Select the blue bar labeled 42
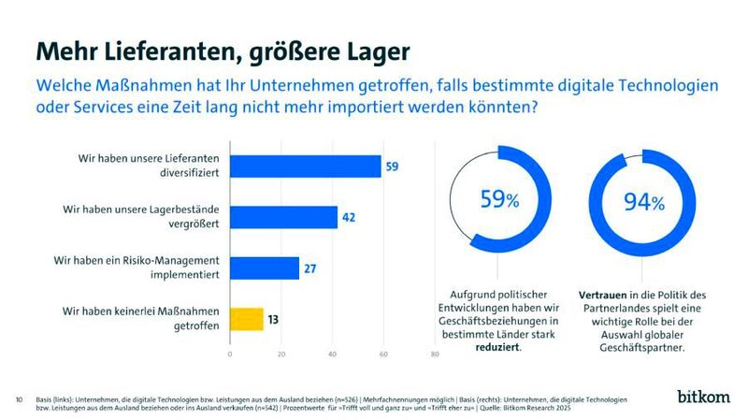[x=283, y=217]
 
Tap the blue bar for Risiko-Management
[x=265, y=268]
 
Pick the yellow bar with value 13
[x=247, y=319]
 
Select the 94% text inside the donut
[x=643, y=202]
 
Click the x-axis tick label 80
[x=434, y=355]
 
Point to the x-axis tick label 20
[x=281, y=355]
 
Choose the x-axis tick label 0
[x=230, y=355]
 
